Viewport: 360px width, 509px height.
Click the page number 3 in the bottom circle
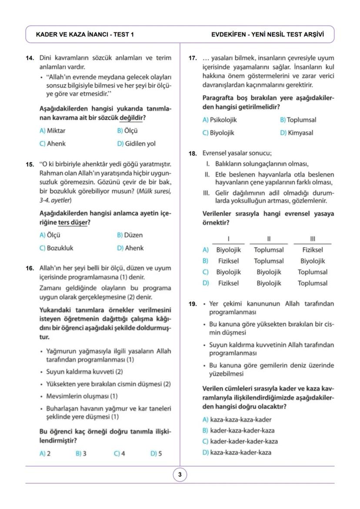click(180, 475)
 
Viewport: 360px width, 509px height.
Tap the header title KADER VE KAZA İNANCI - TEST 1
click(85, 34)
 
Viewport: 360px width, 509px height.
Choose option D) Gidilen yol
click(136, 143)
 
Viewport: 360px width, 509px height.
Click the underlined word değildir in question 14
click(132, 118)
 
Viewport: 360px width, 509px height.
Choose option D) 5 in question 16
click(157, 453)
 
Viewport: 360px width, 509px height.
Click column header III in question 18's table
click(312, 238)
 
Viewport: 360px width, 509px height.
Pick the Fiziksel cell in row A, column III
click(312, 250)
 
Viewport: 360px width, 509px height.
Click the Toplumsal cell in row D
click(312, 283)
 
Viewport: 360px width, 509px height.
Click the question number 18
click(193, 153)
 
